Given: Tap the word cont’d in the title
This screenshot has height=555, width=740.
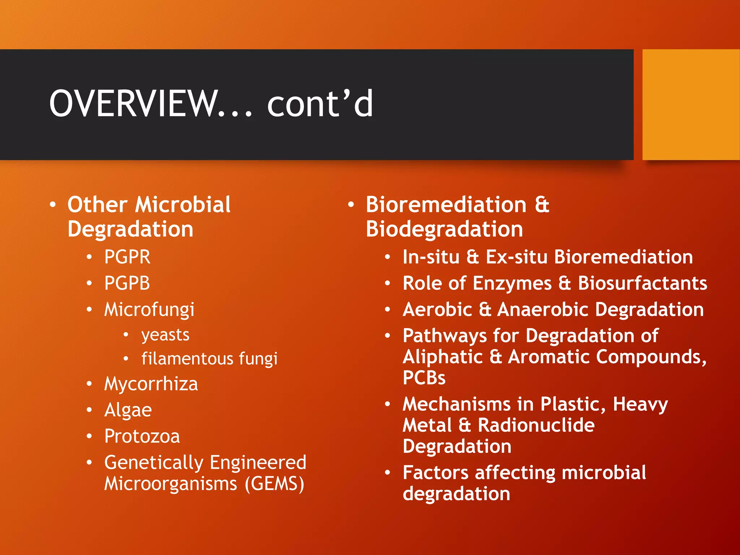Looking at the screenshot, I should click(320, 104).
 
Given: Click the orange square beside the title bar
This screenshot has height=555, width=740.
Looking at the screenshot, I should click(691, 104).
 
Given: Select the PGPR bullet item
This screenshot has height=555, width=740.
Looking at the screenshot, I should click(127, 257).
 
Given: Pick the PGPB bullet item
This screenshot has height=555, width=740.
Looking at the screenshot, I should click(127, 283).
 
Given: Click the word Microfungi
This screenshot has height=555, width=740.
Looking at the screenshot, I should click(149, 310).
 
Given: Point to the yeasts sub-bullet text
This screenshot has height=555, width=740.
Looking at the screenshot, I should click(165, 335).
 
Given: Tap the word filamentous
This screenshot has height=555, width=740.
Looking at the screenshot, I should click(187, 359).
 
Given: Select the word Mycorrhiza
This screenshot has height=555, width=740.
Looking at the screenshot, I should click(151, 384).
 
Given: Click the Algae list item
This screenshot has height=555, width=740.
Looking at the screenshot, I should click(128, 410).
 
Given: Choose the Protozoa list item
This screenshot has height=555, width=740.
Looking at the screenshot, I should click(142, 436).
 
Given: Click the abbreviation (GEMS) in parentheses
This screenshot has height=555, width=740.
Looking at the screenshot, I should click(275, 484).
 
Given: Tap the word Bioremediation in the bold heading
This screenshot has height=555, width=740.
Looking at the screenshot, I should click(446, 205).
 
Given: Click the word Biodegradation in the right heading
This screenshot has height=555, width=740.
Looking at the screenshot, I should click(444, 229).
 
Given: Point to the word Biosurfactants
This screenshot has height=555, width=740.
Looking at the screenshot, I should click(642, 283).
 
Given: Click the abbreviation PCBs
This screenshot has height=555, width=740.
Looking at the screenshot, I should click(424, 378).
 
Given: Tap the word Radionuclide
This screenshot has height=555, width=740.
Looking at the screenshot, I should click(536, 425).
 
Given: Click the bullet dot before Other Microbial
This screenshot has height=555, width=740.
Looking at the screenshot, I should click(53, 205).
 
